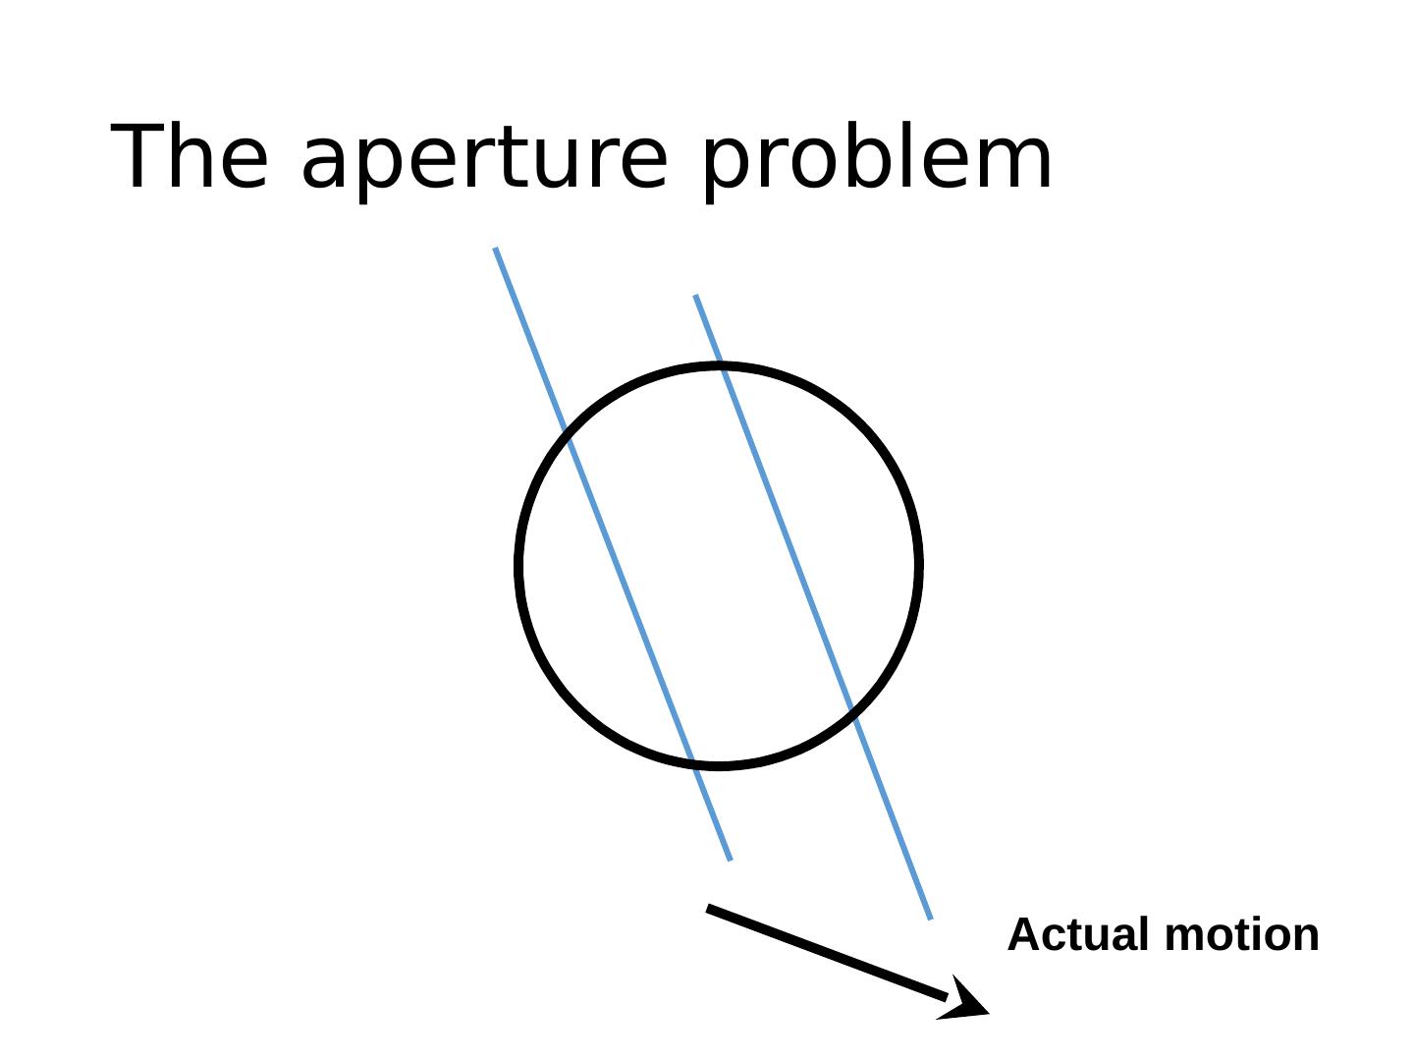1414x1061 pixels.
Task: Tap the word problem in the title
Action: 878,159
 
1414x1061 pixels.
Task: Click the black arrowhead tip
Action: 986,1011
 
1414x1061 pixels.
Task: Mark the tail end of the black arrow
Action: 709,908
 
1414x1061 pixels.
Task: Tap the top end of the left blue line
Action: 496,250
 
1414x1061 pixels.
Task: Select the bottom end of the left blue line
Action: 730,860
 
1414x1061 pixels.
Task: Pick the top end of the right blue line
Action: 695,296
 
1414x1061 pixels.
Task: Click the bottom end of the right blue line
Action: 930,919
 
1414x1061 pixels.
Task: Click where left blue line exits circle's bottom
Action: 693,761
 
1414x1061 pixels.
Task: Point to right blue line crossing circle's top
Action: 721,366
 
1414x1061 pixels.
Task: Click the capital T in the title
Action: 139,157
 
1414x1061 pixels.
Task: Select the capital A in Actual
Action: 1026,934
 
